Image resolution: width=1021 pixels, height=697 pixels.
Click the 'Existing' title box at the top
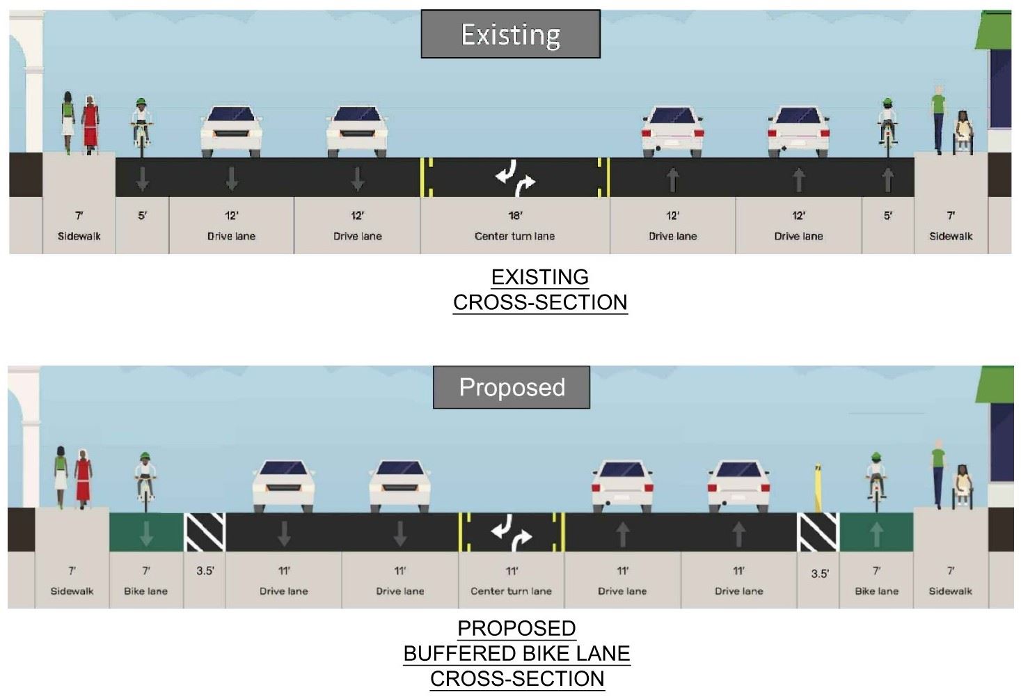(510, 34)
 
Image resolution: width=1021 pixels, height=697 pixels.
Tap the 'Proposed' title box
(512, 387)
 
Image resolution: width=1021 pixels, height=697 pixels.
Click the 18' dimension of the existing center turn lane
(515, 216)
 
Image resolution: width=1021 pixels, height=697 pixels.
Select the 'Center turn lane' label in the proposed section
(511, 591)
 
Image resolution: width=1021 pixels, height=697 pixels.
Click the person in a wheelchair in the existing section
(963, 132)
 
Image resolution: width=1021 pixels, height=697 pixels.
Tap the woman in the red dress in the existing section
(90, 125)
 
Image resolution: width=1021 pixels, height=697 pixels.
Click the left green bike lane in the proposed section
(146, 533)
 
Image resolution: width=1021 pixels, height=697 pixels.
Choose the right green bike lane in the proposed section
(876, 533)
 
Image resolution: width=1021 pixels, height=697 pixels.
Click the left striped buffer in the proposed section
(205, 533)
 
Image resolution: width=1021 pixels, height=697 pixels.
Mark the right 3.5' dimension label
(820, 574)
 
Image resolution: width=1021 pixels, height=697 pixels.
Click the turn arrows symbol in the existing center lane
(515, 177)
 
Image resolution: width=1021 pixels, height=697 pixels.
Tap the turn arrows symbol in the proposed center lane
(511, 533)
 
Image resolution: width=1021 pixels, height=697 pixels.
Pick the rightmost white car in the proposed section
(738, 485)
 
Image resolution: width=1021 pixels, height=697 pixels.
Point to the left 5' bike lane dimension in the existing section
(142, 216)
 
